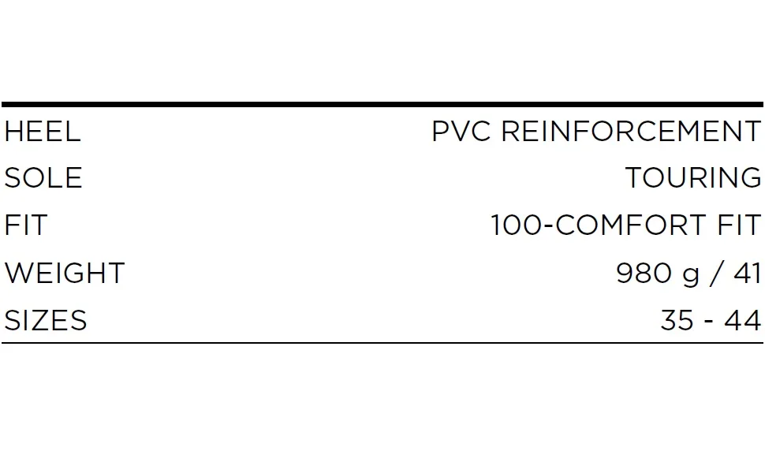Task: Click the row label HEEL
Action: (x=43, y=132)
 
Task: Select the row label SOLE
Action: (x=43, y=177)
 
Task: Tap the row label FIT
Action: (x=26, y=225)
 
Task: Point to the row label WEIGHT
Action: (x=65, y=273)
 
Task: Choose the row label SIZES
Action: (x=46, y=320)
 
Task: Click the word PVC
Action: (x=461, y=132)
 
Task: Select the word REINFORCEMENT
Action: (x=631, y=132)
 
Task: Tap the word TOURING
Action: (x=692, y=177)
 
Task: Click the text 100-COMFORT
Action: (x=598, y=225)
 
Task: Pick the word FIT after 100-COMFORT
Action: (x=739, y=225)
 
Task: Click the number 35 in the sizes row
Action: (x=677, y=320)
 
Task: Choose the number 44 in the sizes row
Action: (x=743, y=320)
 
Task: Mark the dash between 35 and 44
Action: (x=709, y=322)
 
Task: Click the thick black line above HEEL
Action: (x=382, y=104)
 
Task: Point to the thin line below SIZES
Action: (x=382, y=343)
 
